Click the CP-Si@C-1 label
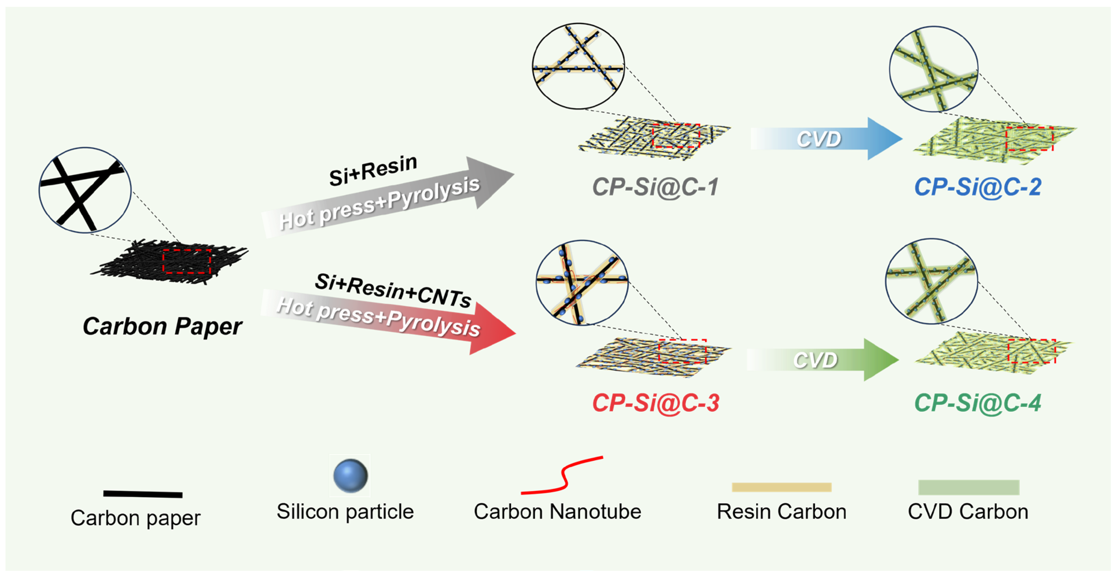[x=655, y=187]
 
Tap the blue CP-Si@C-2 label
[x=977, y=187]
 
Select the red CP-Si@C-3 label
[x=655, y=403]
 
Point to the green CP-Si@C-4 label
[x=977, y=403]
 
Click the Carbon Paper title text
[x=162, y=326]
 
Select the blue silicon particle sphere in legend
[x=350, y=476]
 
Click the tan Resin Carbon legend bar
[x=781, y=487]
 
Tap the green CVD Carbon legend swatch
[x=969, y=487]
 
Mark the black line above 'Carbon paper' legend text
[x=143, y=494]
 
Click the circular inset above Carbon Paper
[x=85, y=190]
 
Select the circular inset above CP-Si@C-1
[x=578, y=66]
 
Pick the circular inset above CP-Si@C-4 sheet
[x=931, y=281]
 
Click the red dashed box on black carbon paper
[x=187, y=261]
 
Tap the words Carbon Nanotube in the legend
[x=557, y=512]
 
